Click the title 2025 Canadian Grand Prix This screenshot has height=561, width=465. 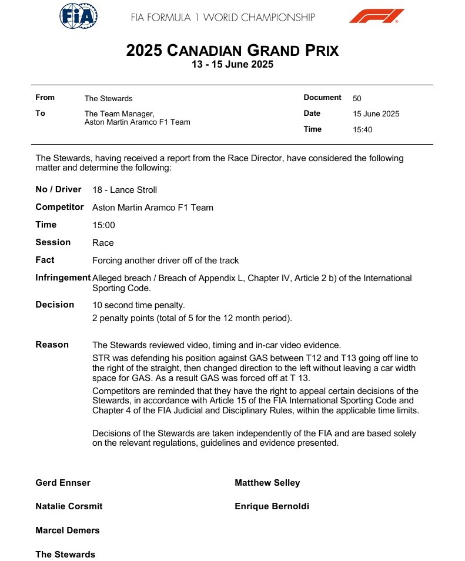point(232,51)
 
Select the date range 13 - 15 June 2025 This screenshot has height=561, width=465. point(232,65)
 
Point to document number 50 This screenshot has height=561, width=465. point(357,98)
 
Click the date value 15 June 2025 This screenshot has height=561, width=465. point(376,114)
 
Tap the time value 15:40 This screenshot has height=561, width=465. point(362,130)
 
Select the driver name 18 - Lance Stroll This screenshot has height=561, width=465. point(125,190)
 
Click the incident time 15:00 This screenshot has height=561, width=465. point(103,225)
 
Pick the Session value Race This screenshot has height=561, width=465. point(103,243)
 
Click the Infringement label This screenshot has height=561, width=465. point(63,278)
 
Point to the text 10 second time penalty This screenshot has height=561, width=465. point(139,305)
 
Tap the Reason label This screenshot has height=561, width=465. point(52,345)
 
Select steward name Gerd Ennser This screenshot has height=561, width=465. point(63,483)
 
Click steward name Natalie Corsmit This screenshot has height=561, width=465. point(69,506)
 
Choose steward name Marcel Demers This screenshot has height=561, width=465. point(68,530)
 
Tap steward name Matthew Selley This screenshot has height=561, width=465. point(267,483)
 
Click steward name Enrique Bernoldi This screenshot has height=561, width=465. point(272,506)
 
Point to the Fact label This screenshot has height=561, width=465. point(45,260)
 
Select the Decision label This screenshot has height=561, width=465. point(55,305)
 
